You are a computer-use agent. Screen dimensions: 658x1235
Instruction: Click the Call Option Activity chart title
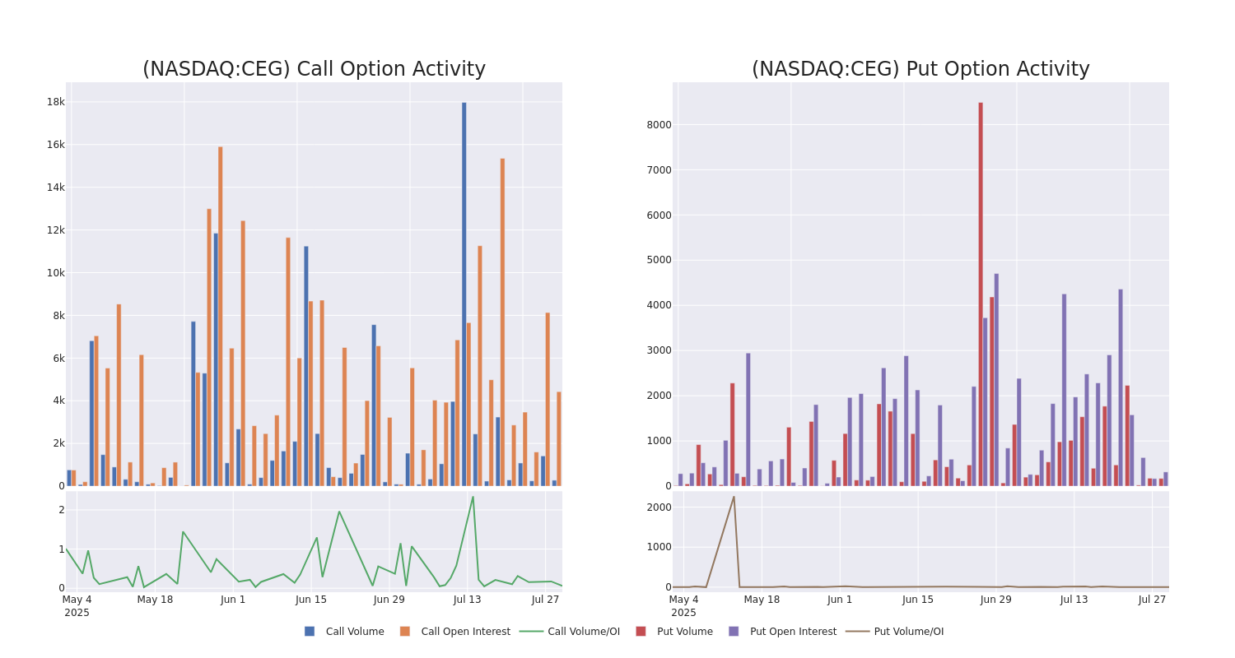pyautogui.click(x=314, y=69)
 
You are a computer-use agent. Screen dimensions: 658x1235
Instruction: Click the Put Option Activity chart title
pyautogui.click(x=920, y=69)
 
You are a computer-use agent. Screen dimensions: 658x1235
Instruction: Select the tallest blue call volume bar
pyautogui.click(x=464, y=294)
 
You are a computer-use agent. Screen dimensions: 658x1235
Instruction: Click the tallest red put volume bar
pyautogui.click(x=981, y=294)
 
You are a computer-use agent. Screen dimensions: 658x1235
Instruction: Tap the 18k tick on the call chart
pyautogui.click(x=55, y=102)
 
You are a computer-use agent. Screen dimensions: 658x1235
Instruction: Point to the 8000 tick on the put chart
pyautogui.click(x=659, y=125)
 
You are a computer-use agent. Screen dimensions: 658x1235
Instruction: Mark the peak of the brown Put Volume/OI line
pyautogui.click(x=734, y=496)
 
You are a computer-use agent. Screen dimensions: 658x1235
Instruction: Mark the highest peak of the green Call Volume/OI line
pyautogui.click(x=473, y=497)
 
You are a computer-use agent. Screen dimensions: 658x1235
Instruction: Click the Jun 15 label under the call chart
pyautogui.click(x=311, y=600)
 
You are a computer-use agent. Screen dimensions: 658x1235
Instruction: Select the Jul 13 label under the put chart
pyautogui.click(x=1074, y=600)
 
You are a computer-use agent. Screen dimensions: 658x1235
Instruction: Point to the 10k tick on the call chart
pyautogui.click(x=55, y=273)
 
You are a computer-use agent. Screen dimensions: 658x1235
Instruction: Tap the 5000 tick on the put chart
pyautogui.click(x=659, y=260)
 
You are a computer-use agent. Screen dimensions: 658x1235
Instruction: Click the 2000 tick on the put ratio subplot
pyautogui.click(x=659, y=507)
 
